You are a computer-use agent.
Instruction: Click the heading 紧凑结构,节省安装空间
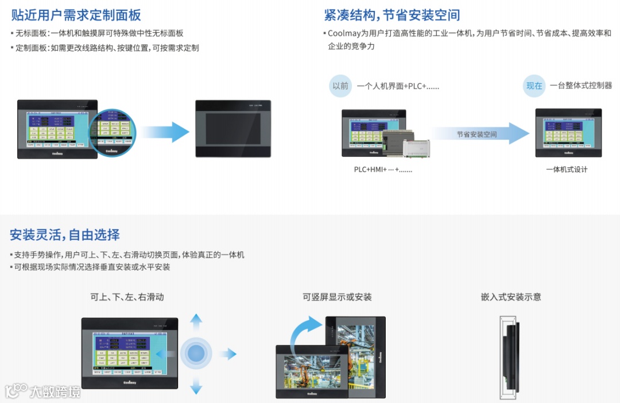[x=392, y=15]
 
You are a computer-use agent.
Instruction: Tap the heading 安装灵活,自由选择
[x=65, y=235]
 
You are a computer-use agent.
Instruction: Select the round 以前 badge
[x=340, y=86]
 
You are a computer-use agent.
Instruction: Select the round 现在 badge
[x=534, y=86]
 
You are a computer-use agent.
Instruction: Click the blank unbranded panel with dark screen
[x=232, y=128]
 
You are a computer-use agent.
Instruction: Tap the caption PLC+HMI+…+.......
[x=382, y=170]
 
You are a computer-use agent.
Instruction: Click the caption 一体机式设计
[x=567, y=170]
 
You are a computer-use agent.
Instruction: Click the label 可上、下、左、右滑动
[x=127, y=297]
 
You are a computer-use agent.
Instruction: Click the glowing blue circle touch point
[x=196, y=354]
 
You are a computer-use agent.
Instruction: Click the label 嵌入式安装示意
[x=511, y=297]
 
